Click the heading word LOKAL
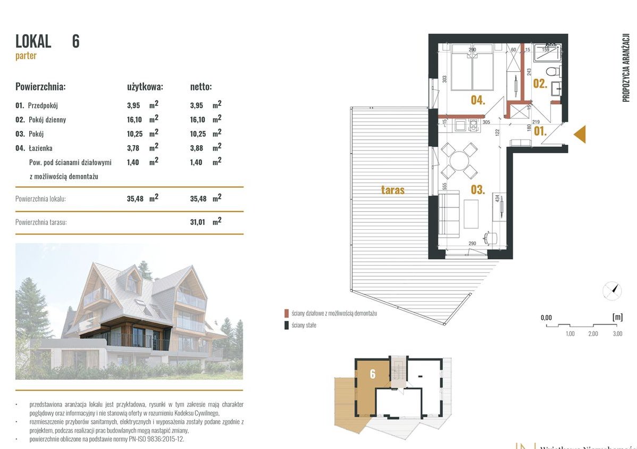point(33,41)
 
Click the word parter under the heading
point(26,56)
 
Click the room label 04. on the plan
point(477,99)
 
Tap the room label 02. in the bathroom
point(540,83)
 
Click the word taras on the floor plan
point(392,190)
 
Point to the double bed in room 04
point(471,70)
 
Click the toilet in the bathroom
point(554,71)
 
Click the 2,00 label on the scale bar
point(593,334)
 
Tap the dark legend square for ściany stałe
point(287,325)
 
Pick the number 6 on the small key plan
point(372,374)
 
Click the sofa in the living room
point(449,215)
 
